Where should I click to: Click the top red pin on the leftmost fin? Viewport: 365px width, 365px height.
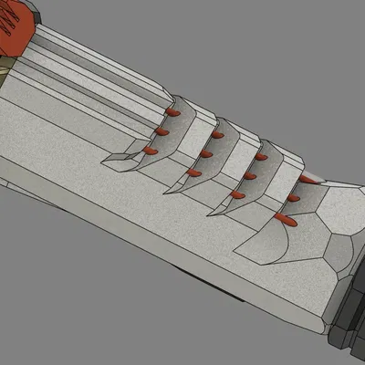pos(173,112)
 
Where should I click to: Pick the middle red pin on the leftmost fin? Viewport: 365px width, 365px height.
pos(162,131)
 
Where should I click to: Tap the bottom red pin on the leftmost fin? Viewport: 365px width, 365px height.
pos(151,150)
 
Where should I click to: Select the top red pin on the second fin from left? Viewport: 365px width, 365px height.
pos(217,135)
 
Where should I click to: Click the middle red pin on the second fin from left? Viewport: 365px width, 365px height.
pos(206,153)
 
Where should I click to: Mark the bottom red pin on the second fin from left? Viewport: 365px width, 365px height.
pos(194,172)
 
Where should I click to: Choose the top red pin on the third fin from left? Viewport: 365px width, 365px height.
pos(261,157)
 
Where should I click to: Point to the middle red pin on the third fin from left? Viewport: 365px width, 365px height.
pos(250,175)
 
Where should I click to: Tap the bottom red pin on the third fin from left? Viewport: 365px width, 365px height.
pos(238,193)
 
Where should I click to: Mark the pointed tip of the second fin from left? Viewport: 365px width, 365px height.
pos(165,193)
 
